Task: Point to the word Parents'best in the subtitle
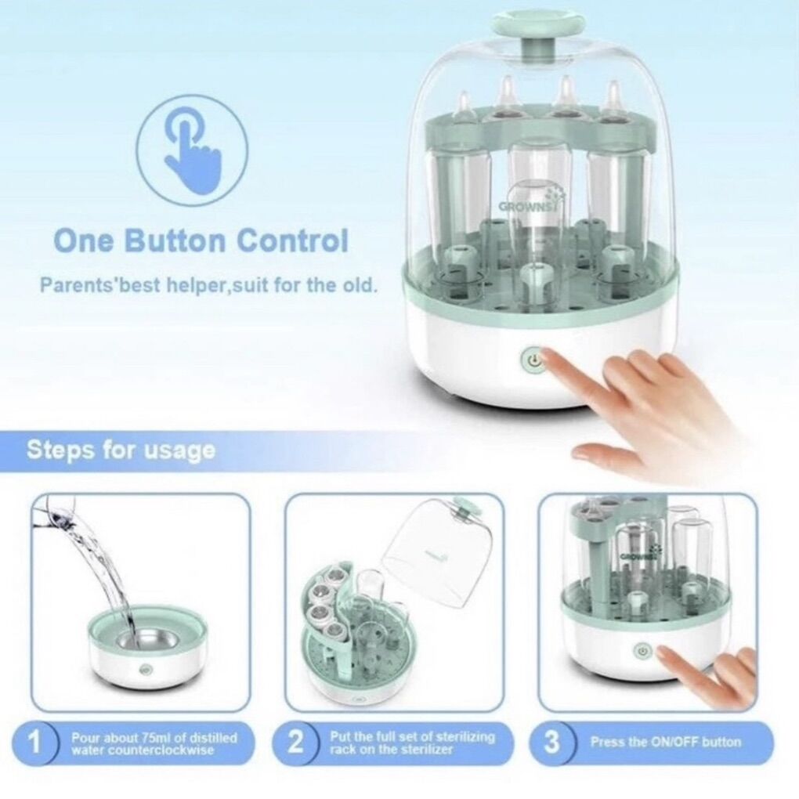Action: (x=92, y=285)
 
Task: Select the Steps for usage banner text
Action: (x=121, y=450)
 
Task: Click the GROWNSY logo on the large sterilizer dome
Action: (x=525, y=206)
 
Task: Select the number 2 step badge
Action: (x=295, y=743)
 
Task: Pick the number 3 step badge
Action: (x=551, y=743)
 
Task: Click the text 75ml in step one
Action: (x=153, y=738)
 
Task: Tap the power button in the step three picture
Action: (x=642, y=651)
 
